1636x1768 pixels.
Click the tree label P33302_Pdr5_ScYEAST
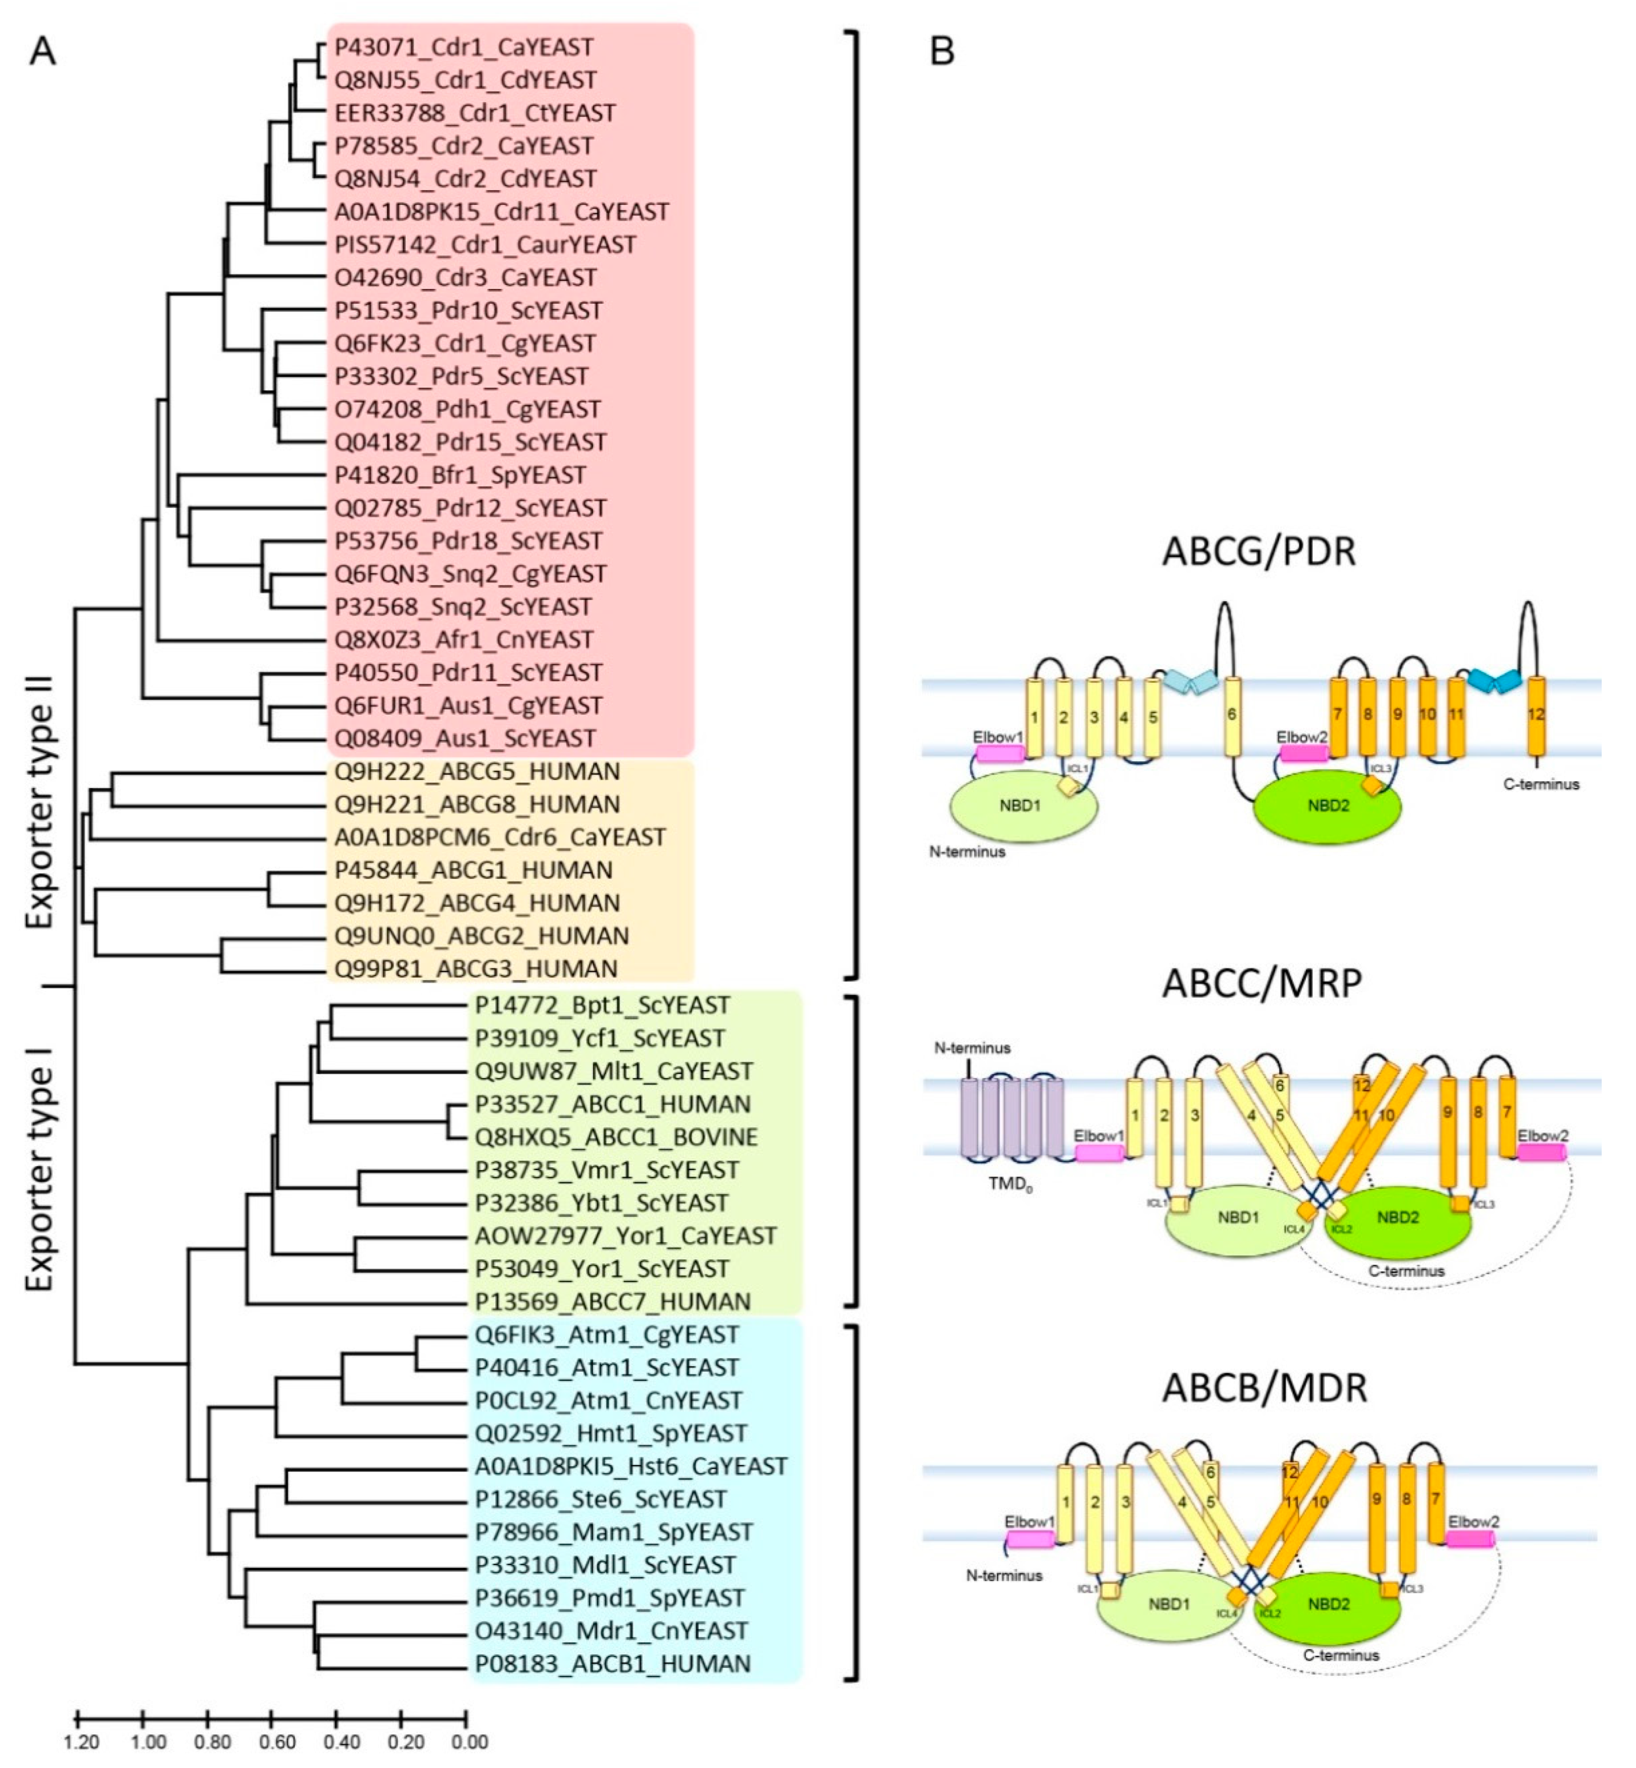(461, 376)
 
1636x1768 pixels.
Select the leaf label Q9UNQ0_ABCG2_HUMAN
(481, 935)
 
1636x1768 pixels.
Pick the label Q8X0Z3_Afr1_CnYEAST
(464, 640)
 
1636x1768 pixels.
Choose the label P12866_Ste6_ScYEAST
(600, 1499)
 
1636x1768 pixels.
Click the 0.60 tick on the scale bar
(272, 1719)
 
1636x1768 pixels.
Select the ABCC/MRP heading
(1261, 983)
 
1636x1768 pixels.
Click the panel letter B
(942, 51)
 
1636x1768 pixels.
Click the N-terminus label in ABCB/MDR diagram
(1004, 1575)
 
